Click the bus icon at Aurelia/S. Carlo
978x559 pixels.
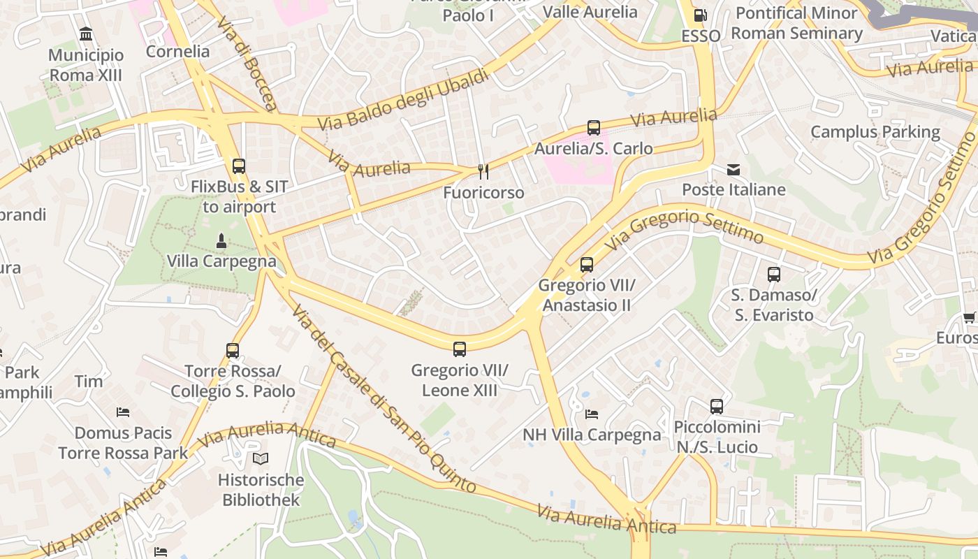593,128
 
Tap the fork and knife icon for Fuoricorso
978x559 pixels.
483,171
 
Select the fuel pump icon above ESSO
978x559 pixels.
699,15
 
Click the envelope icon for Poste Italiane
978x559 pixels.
733,169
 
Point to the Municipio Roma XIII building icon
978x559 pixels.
86,34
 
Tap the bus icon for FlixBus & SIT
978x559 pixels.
239,166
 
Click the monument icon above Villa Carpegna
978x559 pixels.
221,241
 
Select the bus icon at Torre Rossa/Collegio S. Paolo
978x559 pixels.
233,350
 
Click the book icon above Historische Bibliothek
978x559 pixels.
261,459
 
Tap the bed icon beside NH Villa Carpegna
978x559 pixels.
592,414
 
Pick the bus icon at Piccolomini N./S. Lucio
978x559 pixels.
717,406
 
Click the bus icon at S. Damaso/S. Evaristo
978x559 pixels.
773,275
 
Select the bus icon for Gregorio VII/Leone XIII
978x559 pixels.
459,349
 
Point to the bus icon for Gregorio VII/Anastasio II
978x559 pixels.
587,265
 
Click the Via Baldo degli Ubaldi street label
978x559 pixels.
403,100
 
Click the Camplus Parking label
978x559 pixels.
875,131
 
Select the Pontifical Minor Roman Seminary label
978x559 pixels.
796,23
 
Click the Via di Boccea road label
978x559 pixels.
247,63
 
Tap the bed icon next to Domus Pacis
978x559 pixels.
123,412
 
